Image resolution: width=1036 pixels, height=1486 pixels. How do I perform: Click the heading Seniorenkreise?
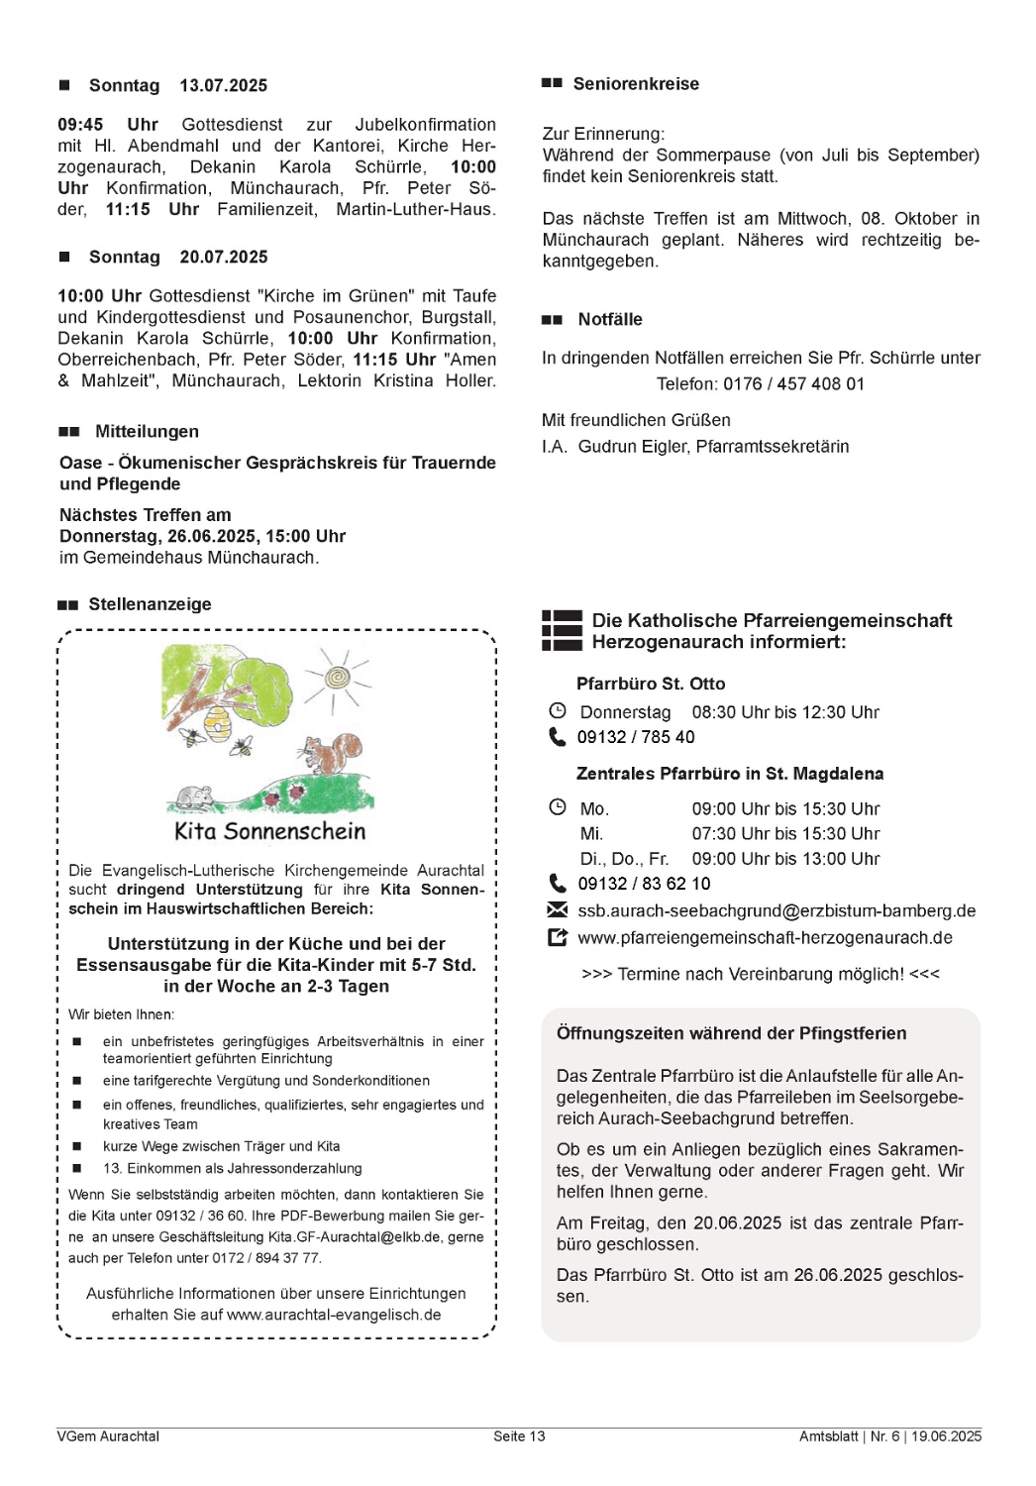click(636, 84)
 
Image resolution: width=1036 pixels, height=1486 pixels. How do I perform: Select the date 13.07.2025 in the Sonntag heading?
click(223, 86)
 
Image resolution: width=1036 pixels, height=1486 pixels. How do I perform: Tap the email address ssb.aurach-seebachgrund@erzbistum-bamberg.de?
click(777, 910)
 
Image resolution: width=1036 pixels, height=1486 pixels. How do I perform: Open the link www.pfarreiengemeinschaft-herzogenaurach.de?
click(765, 937)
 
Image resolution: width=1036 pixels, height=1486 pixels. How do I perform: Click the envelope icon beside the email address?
click(558, 910)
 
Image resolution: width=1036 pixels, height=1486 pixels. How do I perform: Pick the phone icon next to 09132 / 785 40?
click(558, 737)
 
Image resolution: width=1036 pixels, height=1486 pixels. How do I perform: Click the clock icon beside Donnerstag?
click(558, 711)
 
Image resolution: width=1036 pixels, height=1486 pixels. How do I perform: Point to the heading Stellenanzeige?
click(150, 604)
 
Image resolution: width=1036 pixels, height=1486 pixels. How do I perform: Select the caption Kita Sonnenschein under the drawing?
click(269, 831)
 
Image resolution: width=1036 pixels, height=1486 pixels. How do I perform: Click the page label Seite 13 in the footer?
click(519, 1436)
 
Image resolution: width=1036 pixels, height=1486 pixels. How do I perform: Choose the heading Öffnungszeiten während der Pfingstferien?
click(731, 1033)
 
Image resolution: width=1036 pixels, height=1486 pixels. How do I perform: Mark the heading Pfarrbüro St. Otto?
click(651, 684)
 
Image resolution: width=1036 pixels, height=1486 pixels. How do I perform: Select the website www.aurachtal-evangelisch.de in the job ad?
click(334, 1315)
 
